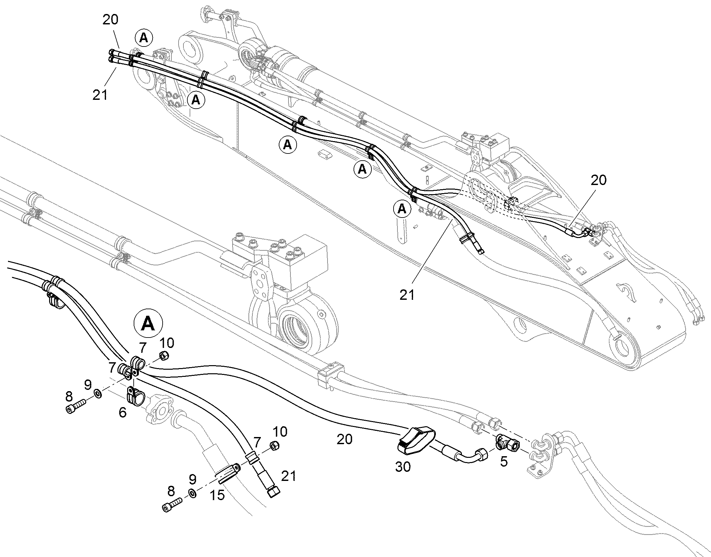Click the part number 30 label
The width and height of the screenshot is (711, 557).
pyautogui.click(x=402, y=467)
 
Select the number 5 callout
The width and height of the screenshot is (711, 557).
pyautogui.click(x=504, y=461)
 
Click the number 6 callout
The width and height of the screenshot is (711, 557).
pyautogui.click(x=122, y=413)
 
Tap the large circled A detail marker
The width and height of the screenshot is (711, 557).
pyautogui.click(x=148, y=323)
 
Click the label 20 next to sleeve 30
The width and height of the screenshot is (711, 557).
pyautogui.click(x=344, y=440)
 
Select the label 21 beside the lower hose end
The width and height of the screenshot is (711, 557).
pyautogui.click(x=288, y=476)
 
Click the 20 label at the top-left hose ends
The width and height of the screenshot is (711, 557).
pyautogui.click(x=110, y=20)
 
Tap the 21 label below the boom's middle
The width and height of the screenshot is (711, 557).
pyautogui.click(x=407, y=295)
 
